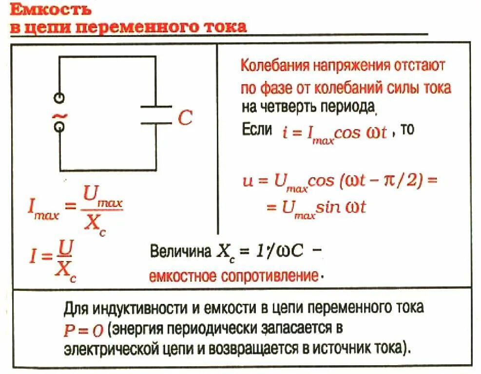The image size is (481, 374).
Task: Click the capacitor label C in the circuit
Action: pyautogui.click(x=185, y=117)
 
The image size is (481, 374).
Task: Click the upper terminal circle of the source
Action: pyautogui.click(x=59, y=97)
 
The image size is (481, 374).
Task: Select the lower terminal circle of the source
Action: pyautogui.click(x=59, y=127)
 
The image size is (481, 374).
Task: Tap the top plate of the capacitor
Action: pyautogui.click(x=155, y=106)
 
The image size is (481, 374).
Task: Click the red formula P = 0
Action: pyautogui.click(x=83, y=330)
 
